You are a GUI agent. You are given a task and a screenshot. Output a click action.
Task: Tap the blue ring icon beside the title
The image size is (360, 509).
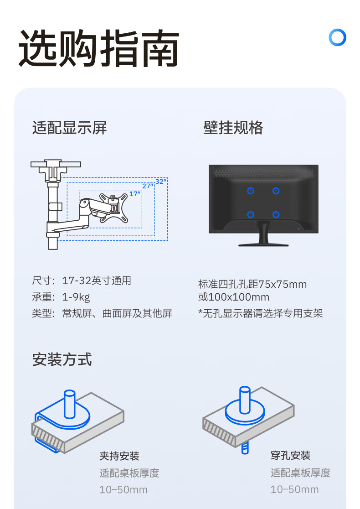[x=337, y=38]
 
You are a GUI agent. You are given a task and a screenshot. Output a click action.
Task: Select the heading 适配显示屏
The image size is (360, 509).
[x=69, y=128]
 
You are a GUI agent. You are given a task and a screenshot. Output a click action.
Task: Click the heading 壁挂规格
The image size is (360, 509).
[x=233, y=128]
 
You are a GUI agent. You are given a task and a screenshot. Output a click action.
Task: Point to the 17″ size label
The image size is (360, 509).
[x=135, y=194]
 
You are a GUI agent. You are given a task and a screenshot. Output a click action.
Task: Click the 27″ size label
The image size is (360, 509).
[x=147, y=186]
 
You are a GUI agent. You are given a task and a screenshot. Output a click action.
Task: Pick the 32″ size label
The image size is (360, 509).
[x=161, y=182]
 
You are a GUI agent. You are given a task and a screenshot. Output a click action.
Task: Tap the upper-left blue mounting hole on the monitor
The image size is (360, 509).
[x=250, y=191]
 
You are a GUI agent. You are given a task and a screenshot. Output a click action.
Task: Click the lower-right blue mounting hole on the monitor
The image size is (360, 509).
[x=275, y=214]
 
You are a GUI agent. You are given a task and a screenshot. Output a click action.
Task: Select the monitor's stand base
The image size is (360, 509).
[x=263, y=244]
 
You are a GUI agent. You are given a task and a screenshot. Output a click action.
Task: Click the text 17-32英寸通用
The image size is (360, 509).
[x=97, y=280]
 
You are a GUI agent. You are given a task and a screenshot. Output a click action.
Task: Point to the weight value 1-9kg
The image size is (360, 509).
[x=76, y=297]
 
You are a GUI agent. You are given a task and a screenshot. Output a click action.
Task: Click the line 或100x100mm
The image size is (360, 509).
[x=234, y=297]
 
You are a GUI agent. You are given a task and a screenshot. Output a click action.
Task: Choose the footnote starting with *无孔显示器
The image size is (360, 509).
[x=261, y=313]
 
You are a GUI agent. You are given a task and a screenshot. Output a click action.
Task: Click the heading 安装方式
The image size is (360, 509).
[x=62, y=359]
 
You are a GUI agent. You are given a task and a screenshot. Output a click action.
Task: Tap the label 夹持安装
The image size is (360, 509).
[x=119, y=456]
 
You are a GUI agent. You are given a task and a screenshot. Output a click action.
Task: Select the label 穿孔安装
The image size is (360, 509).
[x=290, y=455]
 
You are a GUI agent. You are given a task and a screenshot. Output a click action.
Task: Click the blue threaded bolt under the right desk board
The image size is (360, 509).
[x=244, y=448]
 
